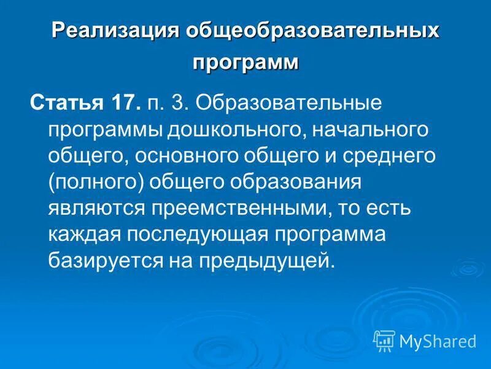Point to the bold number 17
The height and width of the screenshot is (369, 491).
coord(123,101)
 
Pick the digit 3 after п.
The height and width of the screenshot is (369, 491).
coord(180,101)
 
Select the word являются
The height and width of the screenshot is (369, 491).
coord(93,208)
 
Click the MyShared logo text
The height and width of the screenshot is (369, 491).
coord(437,340)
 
